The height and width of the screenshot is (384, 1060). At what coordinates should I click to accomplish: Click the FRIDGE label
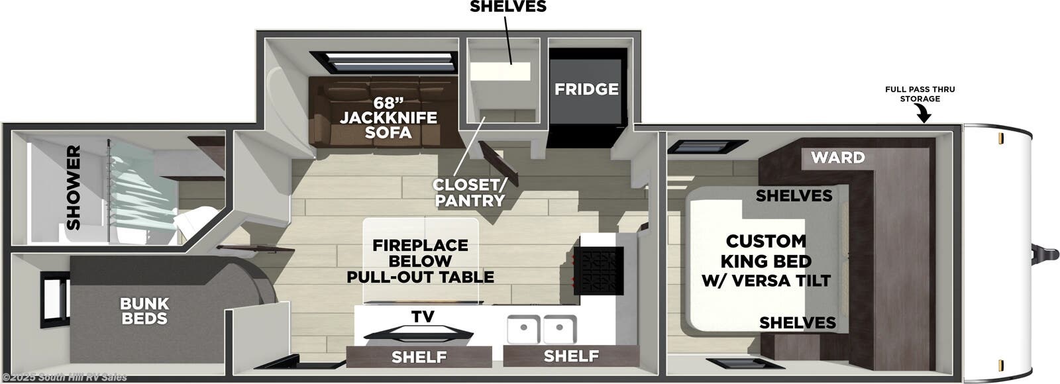586,89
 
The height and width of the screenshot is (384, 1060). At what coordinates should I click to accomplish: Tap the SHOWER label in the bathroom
73,188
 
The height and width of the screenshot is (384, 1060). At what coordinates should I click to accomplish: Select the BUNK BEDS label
144,311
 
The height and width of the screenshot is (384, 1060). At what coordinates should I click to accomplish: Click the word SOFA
388,132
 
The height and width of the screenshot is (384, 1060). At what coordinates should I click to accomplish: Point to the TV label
423,316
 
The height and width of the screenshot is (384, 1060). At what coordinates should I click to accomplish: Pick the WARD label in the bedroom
838,158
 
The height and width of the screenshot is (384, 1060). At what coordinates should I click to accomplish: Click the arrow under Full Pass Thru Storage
924,115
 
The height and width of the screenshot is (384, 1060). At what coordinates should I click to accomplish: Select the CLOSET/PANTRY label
469,192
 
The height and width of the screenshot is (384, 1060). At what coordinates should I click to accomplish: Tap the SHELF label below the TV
419,358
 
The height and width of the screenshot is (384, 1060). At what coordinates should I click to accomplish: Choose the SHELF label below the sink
571,356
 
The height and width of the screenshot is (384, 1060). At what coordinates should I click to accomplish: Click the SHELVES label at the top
508,7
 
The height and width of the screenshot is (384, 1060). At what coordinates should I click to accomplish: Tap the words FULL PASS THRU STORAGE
920,94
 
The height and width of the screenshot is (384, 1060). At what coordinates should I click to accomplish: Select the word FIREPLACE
420,245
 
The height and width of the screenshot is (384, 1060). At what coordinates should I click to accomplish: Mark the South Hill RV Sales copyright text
64,377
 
